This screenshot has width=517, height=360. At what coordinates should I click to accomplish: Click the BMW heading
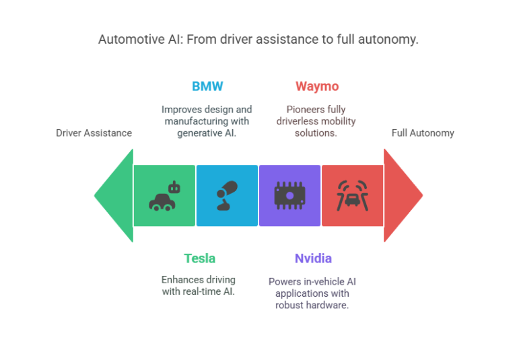coord(207,87)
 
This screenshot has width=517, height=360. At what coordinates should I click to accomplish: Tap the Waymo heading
coord(316,87)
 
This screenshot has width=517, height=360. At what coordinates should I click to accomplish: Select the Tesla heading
coord(199,258)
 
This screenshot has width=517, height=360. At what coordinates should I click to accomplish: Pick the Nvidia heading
coord(313,258)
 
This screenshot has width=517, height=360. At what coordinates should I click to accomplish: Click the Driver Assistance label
coord(94,133)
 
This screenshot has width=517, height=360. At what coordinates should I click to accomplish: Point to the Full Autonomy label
coord(423,133)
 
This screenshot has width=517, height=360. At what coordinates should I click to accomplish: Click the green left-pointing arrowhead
coord(114,196)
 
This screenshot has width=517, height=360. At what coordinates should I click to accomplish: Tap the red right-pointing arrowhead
coord(402,196)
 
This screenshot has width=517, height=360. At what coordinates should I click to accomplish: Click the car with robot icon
coord(164,196)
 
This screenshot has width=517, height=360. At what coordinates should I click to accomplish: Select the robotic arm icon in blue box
coord(227,196)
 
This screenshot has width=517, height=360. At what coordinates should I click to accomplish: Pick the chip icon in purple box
coord(289,196)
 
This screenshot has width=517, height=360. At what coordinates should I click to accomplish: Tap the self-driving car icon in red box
coord(352,196)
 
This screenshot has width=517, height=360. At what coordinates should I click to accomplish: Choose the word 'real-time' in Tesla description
coord(201,292)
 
